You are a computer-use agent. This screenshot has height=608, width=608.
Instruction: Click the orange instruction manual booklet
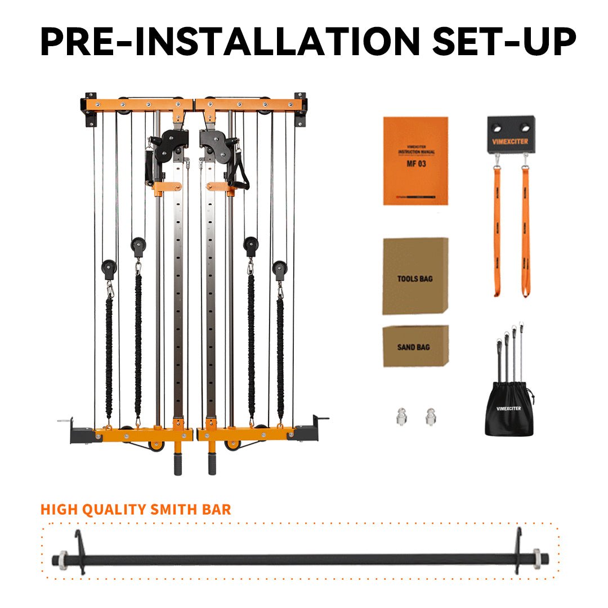click(415, 160)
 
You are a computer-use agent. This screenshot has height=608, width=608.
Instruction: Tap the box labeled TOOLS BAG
click(415, 276)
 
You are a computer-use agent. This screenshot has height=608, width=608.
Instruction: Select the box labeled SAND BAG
click(415, 346)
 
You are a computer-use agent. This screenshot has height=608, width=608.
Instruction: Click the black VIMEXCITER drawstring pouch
click(509, 408)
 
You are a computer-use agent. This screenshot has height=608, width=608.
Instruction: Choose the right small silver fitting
click(431, 417)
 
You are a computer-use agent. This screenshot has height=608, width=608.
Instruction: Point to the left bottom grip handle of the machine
click(178, 464)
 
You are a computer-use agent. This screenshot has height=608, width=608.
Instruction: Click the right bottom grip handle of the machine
click(212, 464)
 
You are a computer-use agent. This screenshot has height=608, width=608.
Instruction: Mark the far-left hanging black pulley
click(109, 269)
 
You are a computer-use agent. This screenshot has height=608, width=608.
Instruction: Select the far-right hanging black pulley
click(280, 269)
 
